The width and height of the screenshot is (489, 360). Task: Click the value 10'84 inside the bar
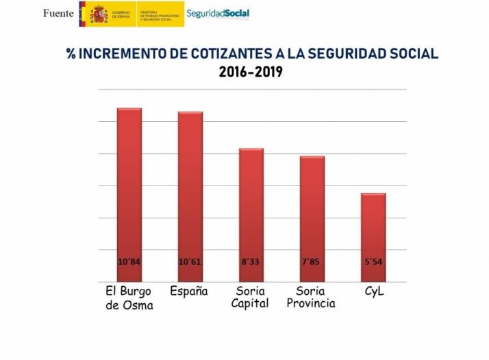pyautogui.click(x=129, y=261)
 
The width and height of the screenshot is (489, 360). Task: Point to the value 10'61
pyautogui.click(x=190, y=261)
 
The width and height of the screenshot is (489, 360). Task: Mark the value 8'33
pyautogui.click(x=251, y=261)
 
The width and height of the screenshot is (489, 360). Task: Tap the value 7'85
pyautogui.click(x=312, y=261)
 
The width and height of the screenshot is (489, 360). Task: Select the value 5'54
pyautogui.click(x=373, y=261)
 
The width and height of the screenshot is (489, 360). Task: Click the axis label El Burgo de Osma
pyautogui.click(x=129, y=298)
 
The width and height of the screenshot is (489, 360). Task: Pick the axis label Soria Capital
pyautogui.click(x=250, y=297)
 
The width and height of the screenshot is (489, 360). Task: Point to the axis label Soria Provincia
pyautogui.click(x=311, y=297)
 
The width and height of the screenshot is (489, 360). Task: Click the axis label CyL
pyautogui.click(x=373, y=291)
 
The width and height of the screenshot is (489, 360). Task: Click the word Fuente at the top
pyautogui.click(x=58, y=14)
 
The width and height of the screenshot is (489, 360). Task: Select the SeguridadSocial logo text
pyautogui.click(x=218, y=13)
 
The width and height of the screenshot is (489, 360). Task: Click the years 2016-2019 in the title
pyautogui.click(x=251, y=72)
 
